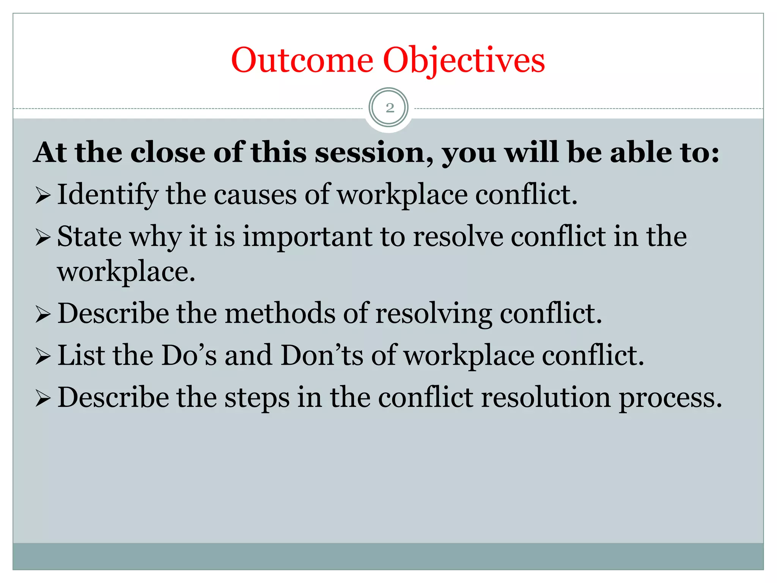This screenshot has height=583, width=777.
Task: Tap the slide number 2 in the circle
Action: (x=389, y=108)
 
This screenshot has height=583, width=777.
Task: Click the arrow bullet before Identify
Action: (x=43, y=196)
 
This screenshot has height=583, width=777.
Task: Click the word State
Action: (x=90, y=236)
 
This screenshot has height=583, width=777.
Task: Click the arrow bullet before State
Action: (x=43, y=238)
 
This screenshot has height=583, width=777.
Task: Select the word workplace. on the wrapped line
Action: (x=126, y=272)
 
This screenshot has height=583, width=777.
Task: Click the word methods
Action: (x=280, y=314)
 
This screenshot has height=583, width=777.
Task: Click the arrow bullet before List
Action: (x=43, y=357)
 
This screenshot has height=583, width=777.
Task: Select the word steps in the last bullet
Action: (x=257, y=398)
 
